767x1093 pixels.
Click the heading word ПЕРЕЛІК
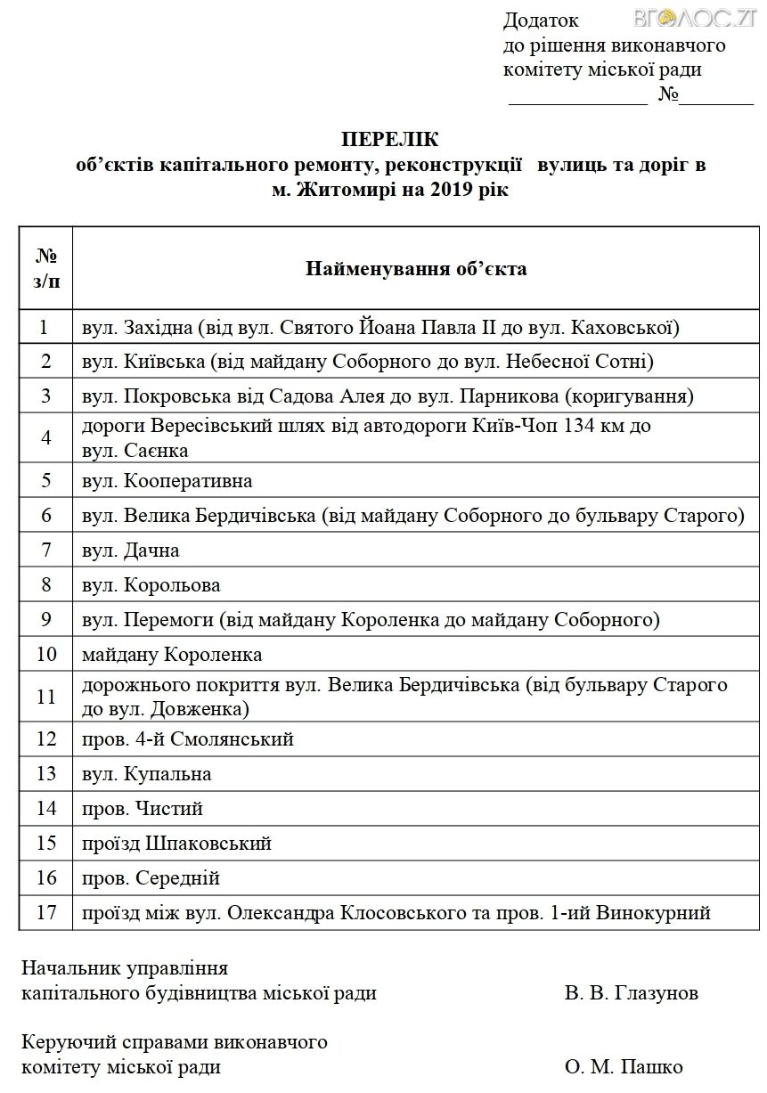click(390, 140)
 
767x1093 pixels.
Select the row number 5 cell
click(46, 481)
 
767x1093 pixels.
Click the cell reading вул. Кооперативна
click(167, 481)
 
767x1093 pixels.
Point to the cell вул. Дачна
click(130, 551)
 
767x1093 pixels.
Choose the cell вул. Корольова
click(151, 585)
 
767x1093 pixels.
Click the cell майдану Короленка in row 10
click(172, 655)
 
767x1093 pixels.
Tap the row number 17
click(46, 913)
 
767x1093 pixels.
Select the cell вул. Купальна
click(146, 773)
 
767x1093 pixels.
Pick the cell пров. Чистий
click(143, 809)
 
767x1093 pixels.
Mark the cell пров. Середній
click(151, 878)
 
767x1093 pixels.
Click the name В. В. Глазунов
click(631, 992)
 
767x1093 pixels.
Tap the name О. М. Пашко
click(624, 1066)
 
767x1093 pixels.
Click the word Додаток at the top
click(541, 20)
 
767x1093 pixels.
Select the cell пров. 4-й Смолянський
click(187, 739)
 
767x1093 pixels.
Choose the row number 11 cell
click(46, 697)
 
